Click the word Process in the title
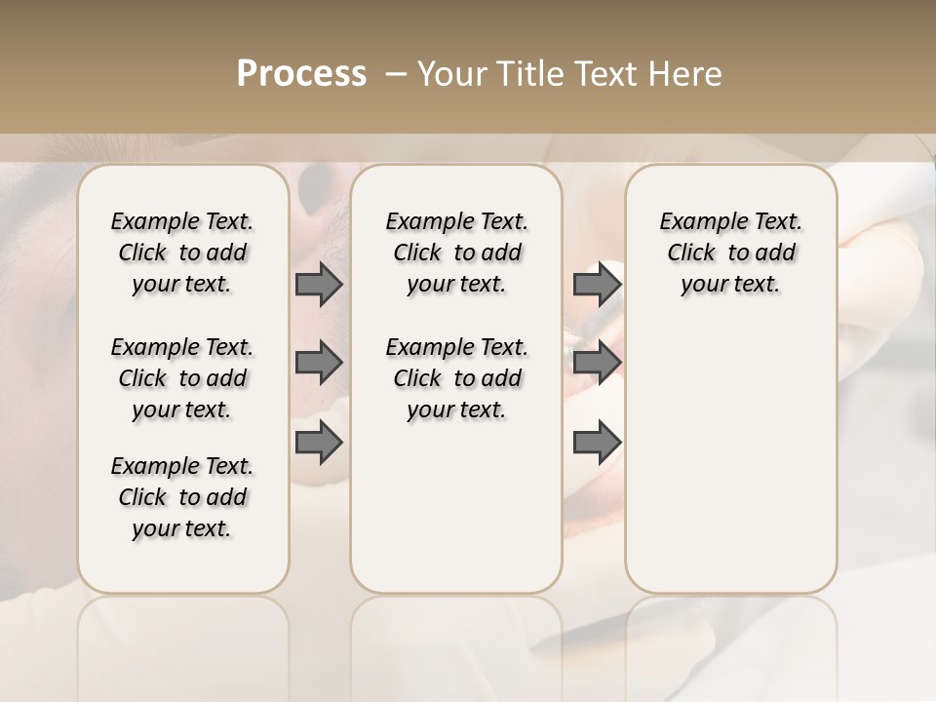[x=301, y=74]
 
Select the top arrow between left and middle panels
[x=318, y=284]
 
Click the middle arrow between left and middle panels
[x=318, y=363]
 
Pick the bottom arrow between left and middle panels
[x=318, y=442]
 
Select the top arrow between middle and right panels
[x=597, y=284]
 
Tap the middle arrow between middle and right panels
[x=597, y=363]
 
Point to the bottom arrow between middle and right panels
[x=597, y=442]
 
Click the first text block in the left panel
[x=182, y=253]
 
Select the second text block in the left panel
[x=182, y=378]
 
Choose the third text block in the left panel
[x=182, y=497]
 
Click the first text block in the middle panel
[x=456, y=253]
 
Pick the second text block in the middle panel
[x=456, y=378]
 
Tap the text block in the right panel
[x=730, y=253]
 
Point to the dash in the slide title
[x=396, y=74]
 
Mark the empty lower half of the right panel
[x=730, y=458]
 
